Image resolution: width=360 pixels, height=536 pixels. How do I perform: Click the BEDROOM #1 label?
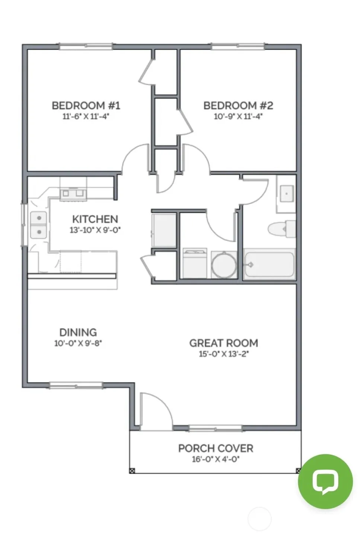pyautogui.click(x=86, y=105)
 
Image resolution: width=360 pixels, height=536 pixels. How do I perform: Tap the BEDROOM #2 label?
pyautogui.click(x=238, y=105)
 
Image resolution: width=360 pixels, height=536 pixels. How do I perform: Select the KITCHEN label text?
pyautogui.click(x=95, y=219)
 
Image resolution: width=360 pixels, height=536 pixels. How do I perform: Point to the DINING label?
pyautogui.click(x=78, y=332)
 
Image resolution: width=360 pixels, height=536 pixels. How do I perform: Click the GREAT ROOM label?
pyautogui.click(x=224, y=343)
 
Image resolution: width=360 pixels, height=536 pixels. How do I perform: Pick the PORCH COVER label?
pyautogui.click(x=216, y=448)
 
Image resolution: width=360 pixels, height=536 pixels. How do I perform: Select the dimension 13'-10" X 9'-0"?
pyautogui.click(x=95, y=230)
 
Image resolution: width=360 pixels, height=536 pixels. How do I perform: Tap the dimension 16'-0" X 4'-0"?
pyautogui.click(x=216, y=459)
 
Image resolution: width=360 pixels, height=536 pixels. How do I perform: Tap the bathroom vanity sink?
pyautogui.click(x=286, y=194)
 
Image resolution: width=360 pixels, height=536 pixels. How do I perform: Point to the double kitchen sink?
pyautogui.click(x=38, y=225)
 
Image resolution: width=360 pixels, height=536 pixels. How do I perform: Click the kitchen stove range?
pyautogui.click(x=73, y=194)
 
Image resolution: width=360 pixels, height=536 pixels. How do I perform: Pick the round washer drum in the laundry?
pyautogui.click(x=224, y=265)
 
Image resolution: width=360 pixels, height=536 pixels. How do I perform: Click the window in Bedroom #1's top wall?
pyautogui.click(x=86, y=46)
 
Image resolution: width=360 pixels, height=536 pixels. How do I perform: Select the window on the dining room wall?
pyautogui.click(x=76, y=385)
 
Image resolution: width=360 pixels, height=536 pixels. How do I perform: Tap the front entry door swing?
pyautogui.click(x=156, y=412)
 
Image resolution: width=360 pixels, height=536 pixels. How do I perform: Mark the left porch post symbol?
pyautogui.click(x=132, y=471)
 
